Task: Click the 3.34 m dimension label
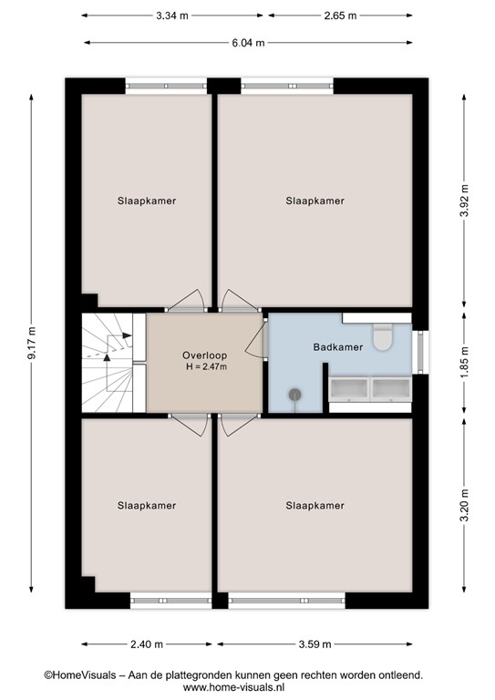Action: coord(173,15)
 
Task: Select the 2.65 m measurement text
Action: coord(339,15)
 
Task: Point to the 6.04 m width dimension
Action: coord(247,42)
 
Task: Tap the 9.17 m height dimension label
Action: coord(32,344)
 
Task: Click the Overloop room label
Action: coord(204,355)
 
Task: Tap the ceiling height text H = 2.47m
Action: coord(204,367)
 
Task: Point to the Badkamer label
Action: coord(337,347)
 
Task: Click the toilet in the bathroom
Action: coord(384,338)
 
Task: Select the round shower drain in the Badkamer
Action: coord(295,395)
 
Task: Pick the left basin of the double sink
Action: coord(348,389)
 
